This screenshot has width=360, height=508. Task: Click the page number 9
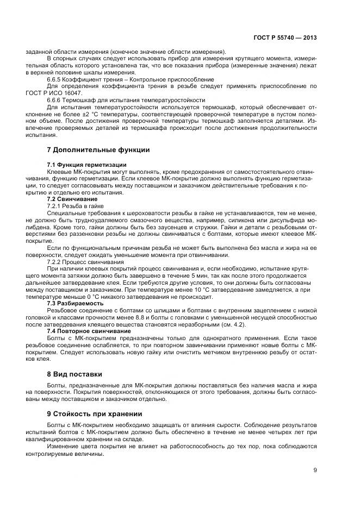[315, 471]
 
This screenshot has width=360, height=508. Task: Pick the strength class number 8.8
[143, 317]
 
